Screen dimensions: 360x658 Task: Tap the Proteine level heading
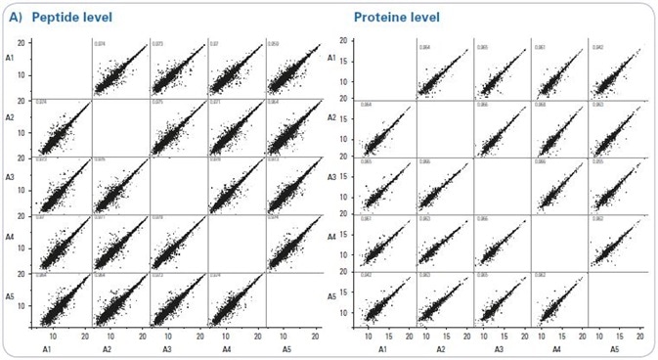(x=396, y=18)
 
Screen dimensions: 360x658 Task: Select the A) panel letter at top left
(x=16, y=18)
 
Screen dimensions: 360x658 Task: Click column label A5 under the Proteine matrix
(x=614, y=349)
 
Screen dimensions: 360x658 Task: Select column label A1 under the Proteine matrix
(x=383, y=349)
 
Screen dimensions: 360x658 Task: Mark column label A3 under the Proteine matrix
(x=500, y=349)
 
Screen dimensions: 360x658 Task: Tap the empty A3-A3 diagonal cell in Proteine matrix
(x=502, y=185)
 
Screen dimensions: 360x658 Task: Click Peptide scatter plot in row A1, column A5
(x=294, y=69)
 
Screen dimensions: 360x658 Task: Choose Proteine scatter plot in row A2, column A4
(x=558, y=128)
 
